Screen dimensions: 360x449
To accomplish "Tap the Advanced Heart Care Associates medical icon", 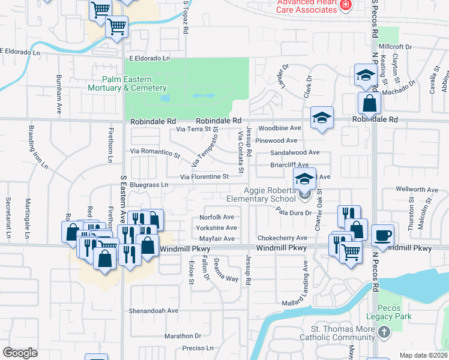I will coord(345,5).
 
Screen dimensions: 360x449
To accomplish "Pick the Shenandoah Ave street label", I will coord(154,311).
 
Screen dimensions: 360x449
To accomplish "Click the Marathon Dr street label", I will coord(182,336).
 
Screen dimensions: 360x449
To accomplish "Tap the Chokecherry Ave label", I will coord(282,238).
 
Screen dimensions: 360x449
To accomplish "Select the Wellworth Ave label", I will coord(417,190).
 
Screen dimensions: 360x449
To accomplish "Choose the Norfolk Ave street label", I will coord(217,217).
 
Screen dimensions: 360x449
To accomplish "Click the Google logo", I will coord(20,353).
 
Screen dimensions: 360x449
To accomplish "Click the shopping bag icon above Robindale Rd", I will coord(369,104).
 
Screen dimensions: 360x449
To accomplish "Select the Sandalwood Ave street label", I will coord(294,153).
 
